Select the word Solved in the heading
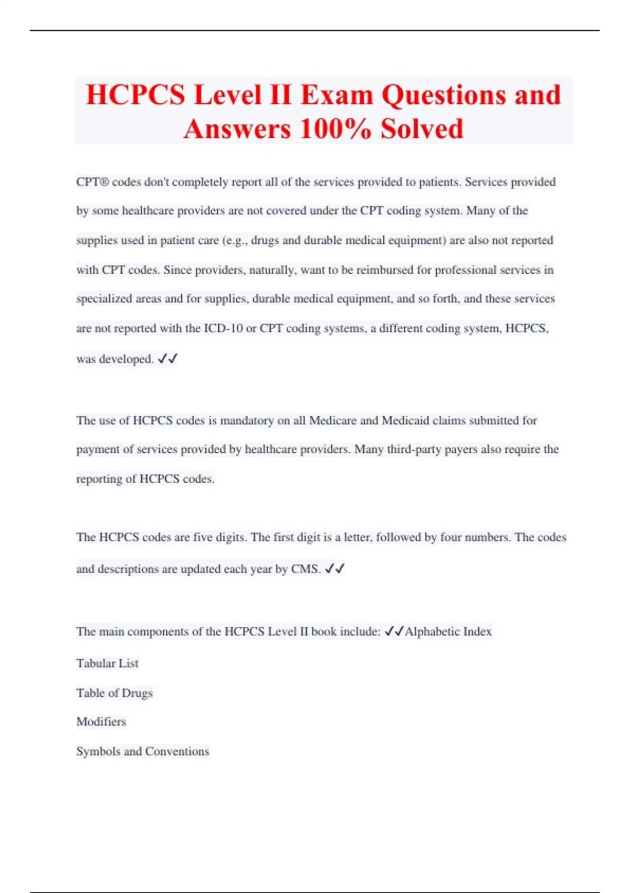(x=422, y=129)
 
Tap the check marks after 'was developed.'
(x=167, y=359)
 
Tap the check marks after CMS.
(x=334, y=569)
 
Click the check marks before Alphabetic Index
(x=394, y=631)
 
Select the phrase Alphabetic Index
(x=448, y=631)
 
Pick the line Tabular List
(x=107, y=663)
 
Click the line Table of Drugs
(x=114, y=693)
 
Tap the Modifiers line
(x=101, y=722)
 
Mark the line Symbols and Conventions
(x=143, y=751)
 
